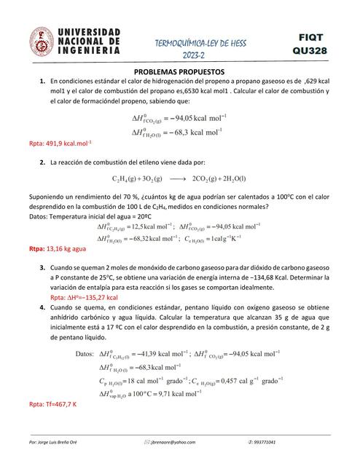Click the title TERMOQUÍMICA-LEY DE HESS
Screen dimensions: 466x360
pyautogui.click(x=202, y=43)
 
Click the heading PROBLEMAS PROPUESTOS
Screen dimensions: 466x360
pyautogui.click(x=180, y=73)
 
